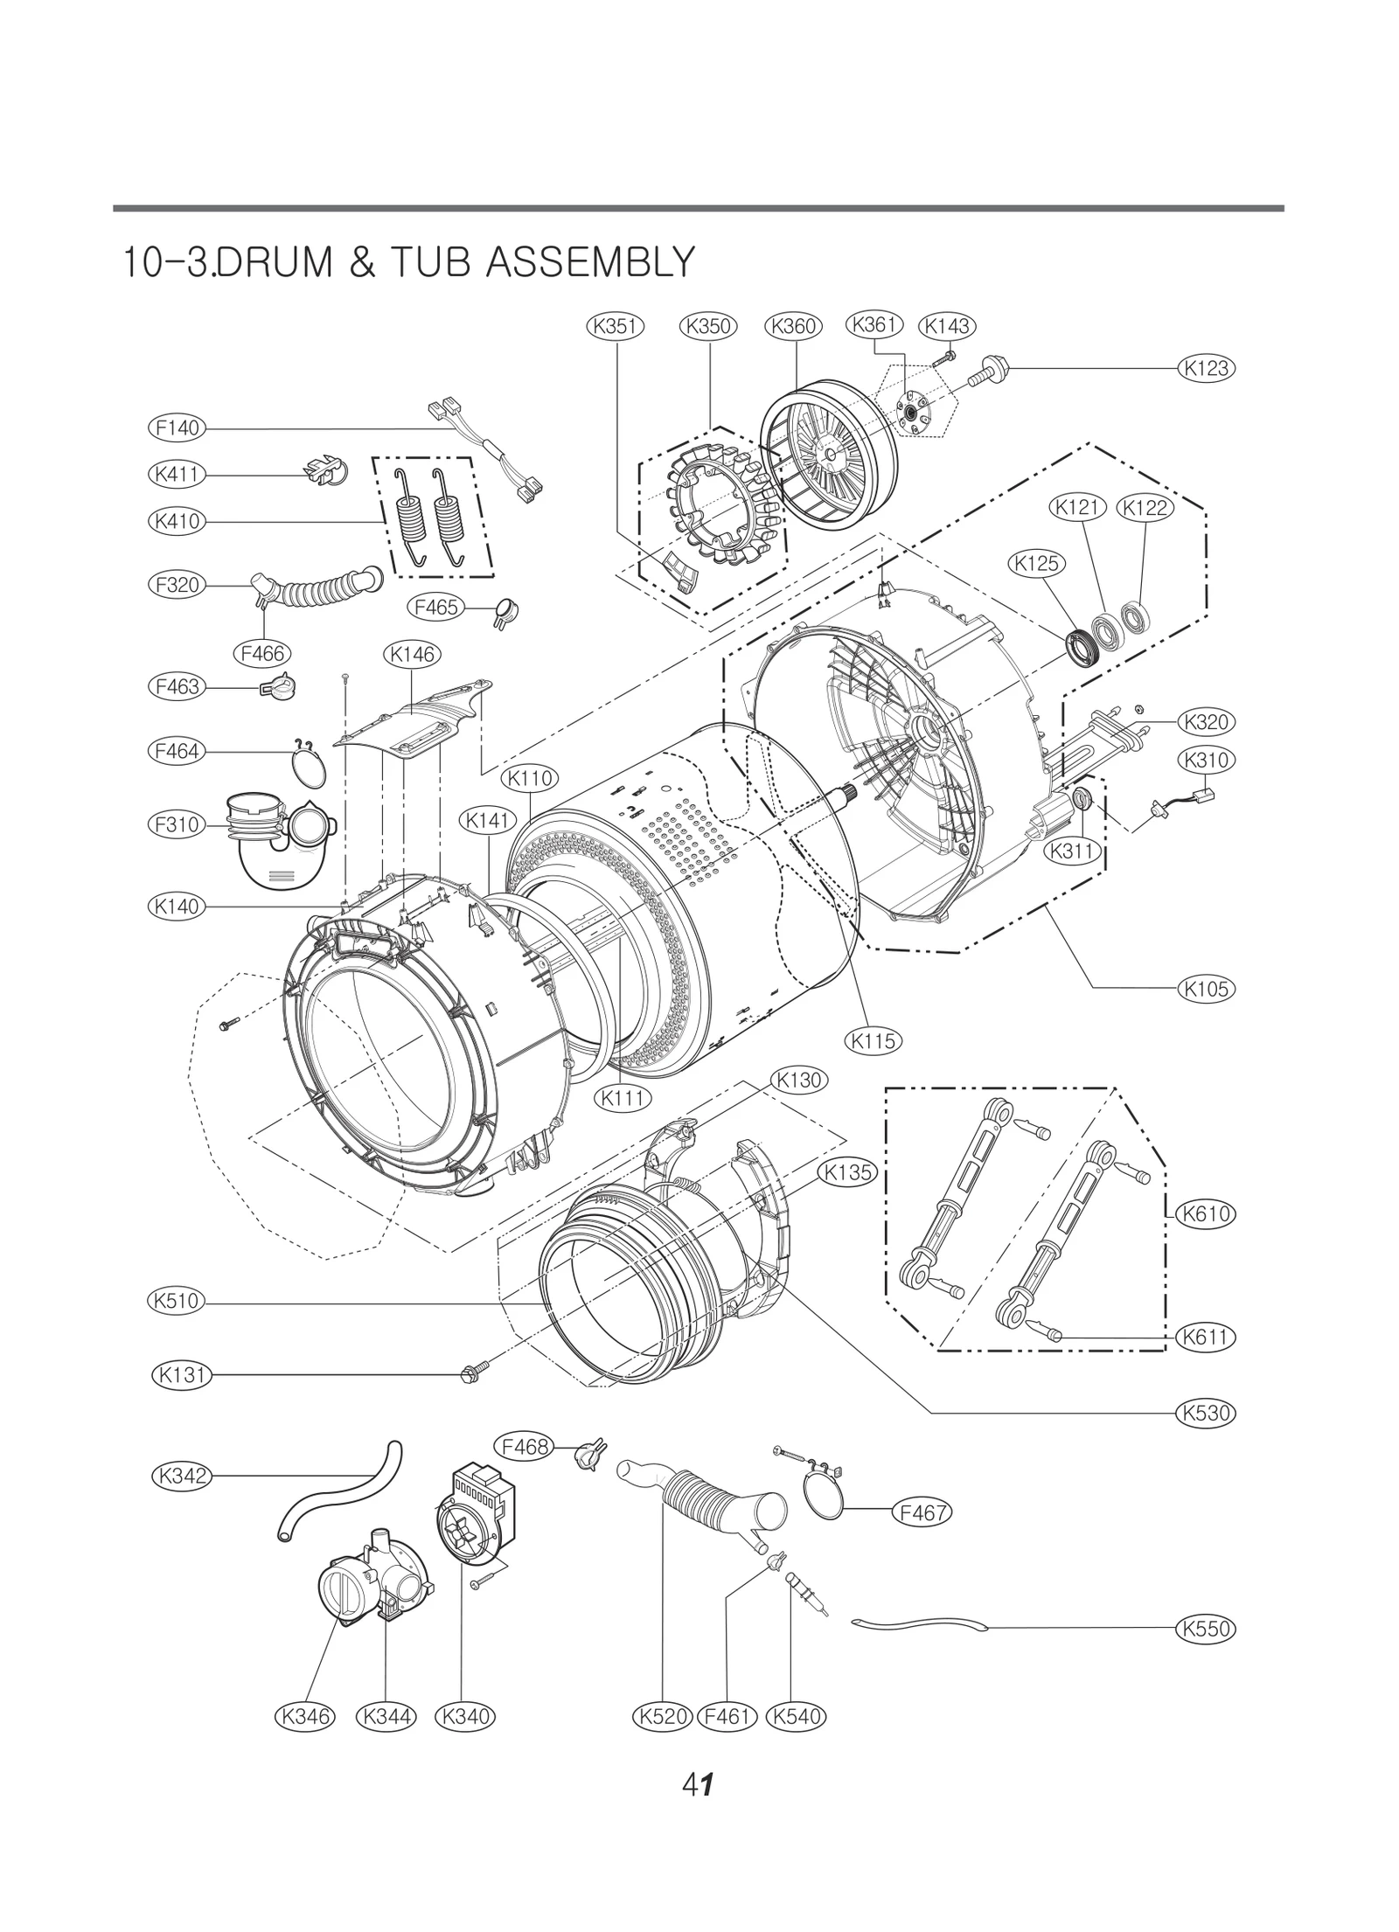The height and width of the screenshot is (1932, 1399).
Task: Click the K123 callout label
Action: [1207, 368]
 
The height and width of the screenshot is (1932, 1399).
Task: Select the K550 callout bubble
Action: [1207, 1629]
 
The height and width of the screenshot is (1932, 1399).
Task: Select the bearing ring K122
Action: [1138, 617]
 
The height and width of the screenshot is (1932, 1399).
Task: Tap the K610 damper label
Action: [1207, 1213]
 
